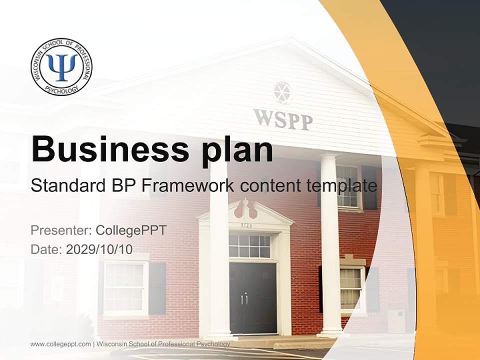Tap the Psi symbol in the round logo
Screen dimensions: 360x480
(61, 66)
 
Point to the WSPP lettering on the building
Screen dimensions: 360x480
(282, 119)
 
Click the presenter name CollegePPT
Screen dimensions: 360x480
(130, 230)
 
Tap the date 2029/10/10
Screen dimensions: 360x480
(99, 249)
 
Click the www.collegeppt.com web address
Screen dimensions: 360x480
(60, 344)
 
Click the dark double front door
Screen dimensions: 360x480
(252, 297)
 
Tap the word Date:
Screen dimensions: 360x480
(46, 249)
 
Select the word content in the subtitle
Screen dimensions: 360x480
(269, 186)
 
